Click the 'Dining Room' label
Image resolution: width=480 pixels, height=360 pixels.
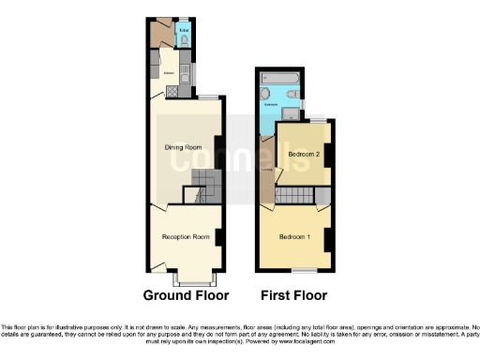point(184,147)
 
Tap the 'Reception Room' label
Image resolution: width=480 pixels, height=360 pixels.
point(184,237)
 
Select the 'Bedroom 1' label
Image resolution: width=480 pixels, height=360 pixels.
point(294,235)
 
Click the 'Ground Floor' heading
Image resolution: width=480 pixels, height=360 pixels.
point(186,294)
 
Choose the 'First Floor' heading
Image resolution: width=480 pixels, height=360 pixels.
point(293,294)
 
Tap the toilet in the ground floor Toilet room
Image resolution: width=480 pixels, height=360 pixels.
point(183,40)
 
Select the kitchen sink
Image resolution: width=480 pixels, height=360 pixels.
point(185,73)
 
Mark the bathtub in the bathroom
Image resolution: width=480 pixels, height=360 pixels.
point(282,95)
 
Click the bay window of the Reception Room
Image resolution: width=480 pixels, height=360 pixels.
point(196,279)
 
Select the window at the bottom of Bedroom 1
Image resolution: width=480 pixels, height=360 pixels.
point(303,270)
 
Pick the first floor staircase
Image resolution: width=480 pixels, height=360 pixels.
point(322,196)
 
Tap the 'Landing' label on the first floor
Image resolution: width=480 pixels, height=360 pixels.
point(267,170)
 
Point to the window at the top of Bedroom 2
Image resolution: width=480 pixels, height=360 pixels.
point(319,121)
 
